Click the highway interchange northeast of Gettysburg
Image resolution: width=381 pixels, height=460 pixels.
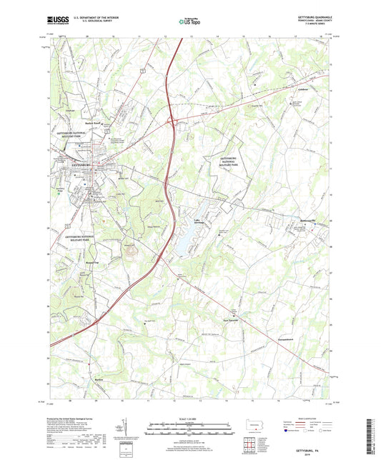[172, 121]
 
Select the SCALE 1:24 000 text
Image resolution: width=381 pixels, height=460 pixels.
[189, 419]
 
